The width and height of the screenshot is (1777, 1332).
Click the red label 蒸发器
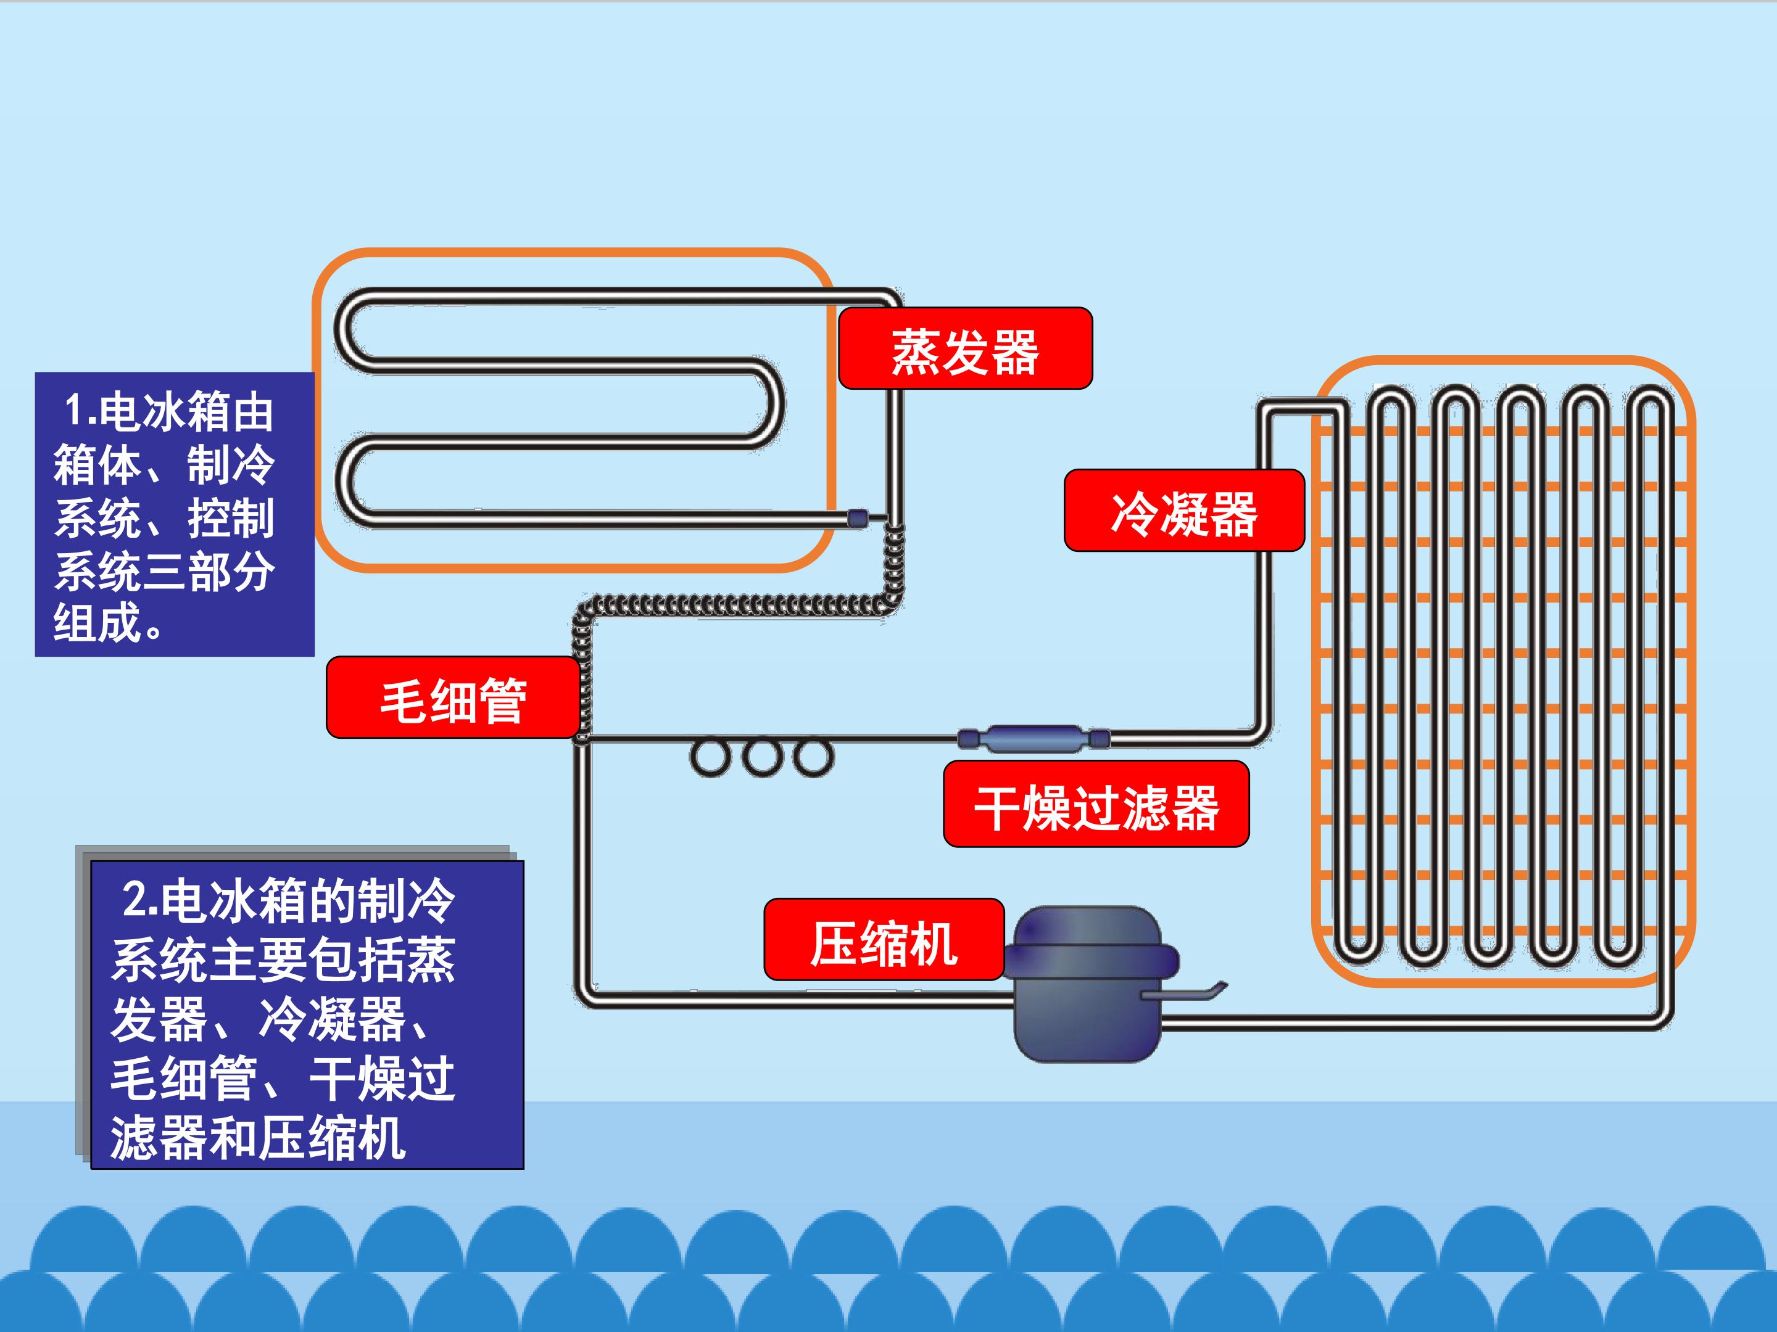(x=965, y=348)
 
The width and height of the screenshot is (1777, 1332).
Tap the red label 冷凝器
(x=1184, y=511)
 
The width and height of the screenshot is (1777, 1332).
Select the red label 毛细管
(x=453, y=697)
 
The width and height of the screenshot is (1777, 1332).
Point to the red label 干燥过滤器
(x=1096, y=804)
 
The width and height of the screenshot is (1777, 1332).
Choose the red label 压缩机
(x=884, y=939)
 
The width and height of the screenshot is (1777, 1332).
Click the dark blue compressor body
(x=1089, y=984)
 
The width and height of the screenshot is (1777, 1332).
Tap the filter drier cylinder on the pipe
(x=1035, y=739)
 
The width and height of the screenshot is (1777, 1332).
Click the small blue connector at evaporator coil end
(x=857, y=518)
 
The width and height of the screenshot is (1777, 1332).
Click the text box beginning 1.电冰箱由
(x=175, y=514)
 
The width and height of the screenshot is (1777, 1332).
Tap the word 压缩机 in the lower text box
(x=332, y=1138)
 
